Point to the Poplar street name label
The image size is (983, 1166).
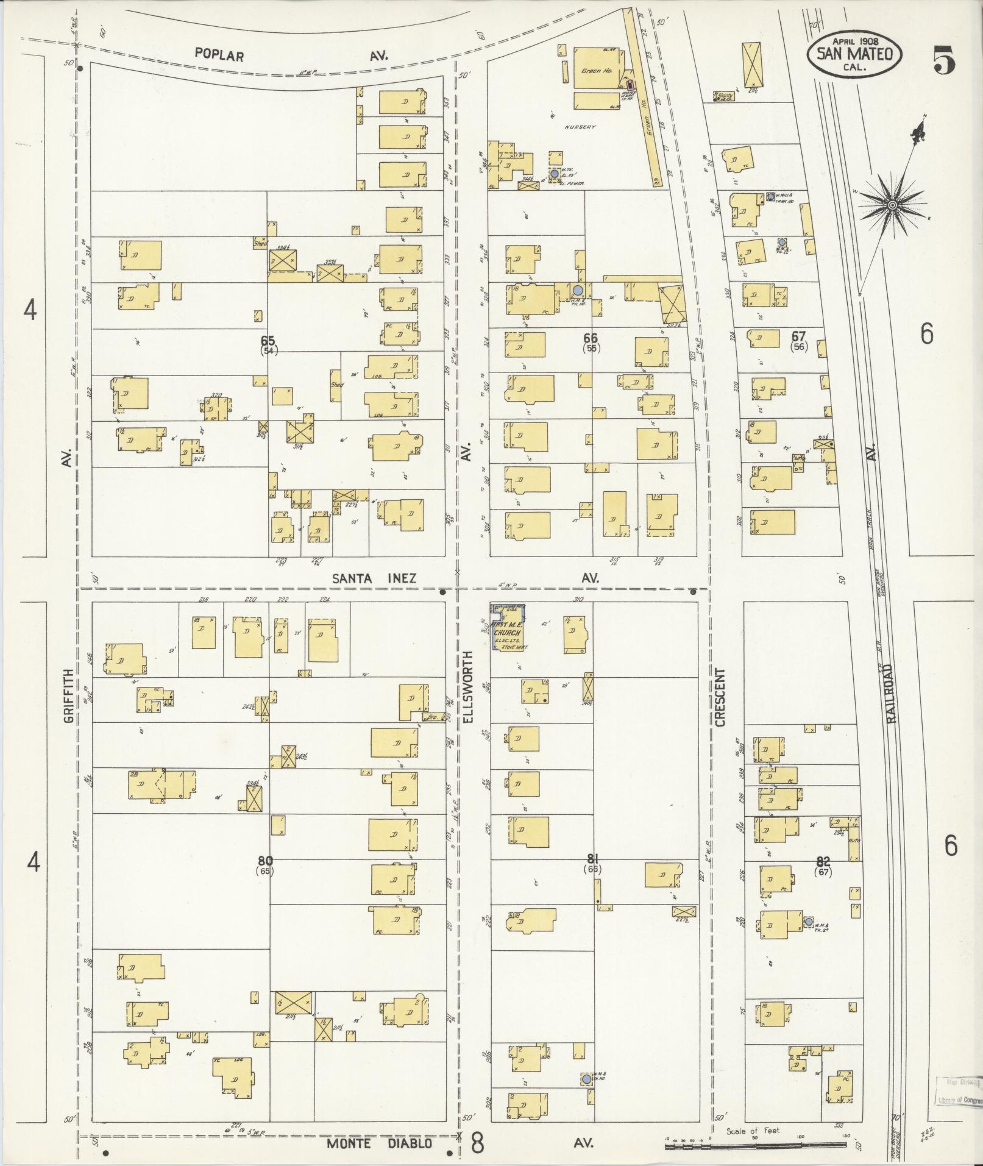219,55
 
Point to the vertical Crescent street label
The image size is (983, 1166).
720,697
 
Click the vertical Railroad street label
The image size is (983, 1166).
893,693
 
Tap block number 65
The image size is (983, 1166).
267,340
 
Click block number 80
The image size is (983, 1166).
265,861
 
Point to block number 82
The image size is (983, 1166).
823,861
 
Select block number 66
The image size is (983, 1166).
590,338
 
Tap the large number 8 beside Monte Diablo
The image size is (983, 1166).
477,1143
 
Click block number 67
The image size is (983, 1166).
798,336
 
